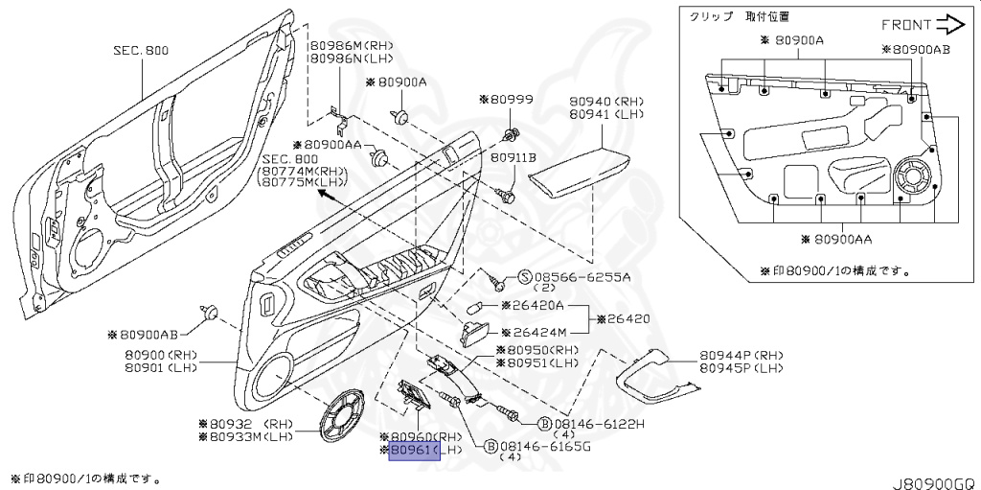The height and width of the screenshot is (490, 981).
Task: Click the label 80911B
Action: (513, 156)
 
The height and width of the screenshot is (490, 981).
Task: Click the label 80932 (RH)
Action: (244, 423)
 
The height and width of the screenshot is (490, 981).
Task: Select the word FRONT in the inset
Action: (906, 25)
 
